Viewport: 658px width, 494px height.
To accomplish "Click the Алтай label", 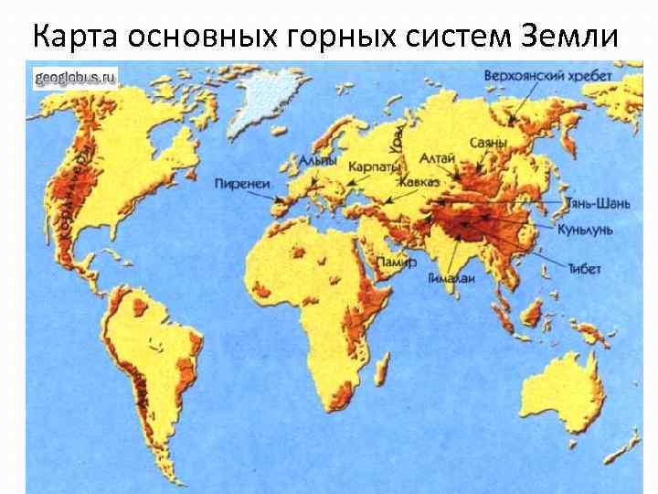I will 437,159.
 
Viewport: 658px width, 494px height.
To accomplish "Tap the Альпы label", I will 317,162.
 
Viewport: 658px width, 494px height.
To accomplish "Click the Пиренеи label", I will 242,183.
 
